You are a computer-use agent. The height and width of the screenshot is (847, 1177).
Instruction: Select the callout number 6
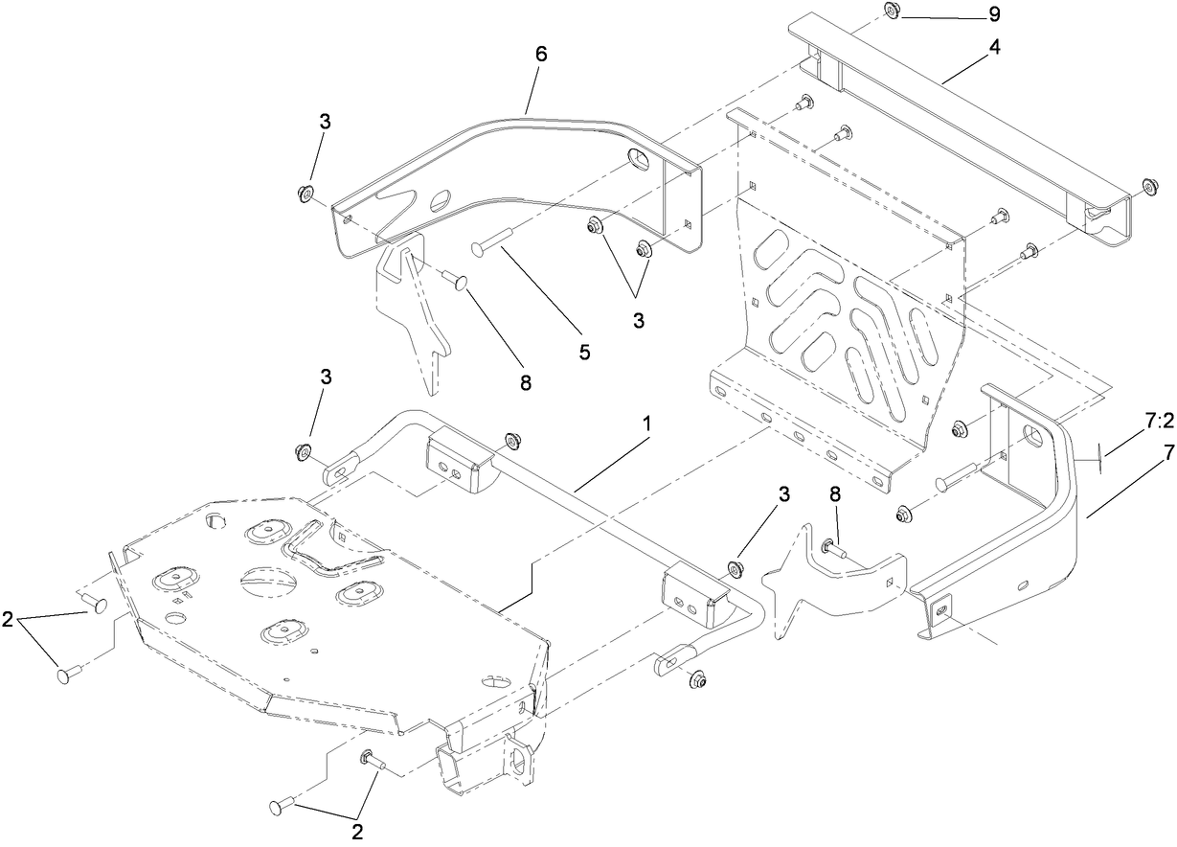coord(541,57)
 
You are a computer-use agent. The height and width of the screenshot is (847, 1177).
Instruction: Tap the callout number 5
coord(584,351)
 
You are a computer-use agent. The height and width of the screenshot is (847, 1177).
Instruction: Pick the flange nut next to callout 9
coord(890,10)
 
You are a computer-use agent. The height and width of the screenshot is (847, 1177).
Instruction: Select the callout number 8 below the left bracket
coord(525,381)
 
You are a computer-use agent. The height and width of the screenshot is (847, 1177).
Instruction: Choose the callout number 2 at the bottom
coord(357,832)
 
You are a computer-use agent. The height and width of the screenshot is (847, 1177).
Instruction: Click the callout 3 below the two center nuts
coord(639,320)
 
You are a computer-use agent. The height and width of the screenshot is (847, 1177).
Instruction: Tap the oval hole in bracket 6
coord(441,199)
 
